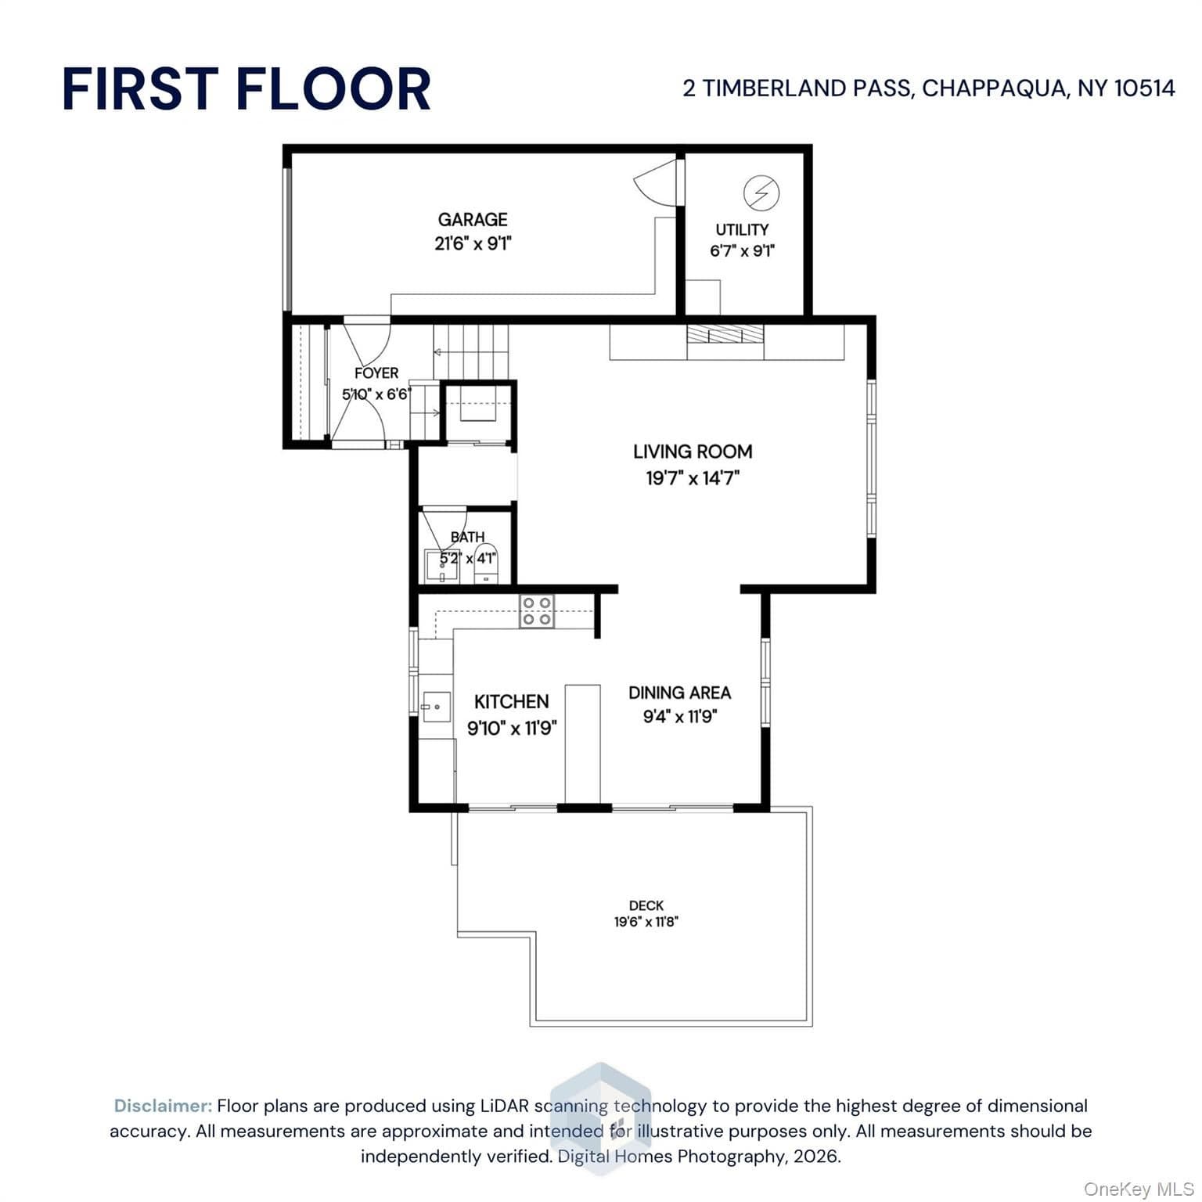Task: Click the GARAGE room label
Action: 473,220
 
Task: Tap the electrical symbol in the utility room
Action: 761,193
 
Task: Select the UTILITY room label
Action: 742,230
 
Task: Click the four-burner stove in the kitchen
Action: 538,611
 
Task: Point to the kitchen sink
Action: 437,707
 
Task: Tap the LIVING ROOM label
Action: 693,452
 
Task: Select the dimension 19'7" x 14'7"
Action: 693,478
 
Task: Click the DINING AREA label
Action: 679,693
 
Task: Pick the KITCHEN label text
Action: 512,702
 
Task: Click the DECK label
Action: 646,905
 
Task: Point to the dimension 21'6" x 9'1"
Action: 473,243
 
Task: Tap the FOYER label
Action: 376,373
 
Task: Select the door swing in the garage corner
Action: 656,182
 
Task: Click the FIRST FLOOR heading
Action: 247,88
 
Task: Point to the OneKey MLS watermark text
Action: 1139,1189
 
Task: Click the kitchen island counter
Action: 583,744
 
